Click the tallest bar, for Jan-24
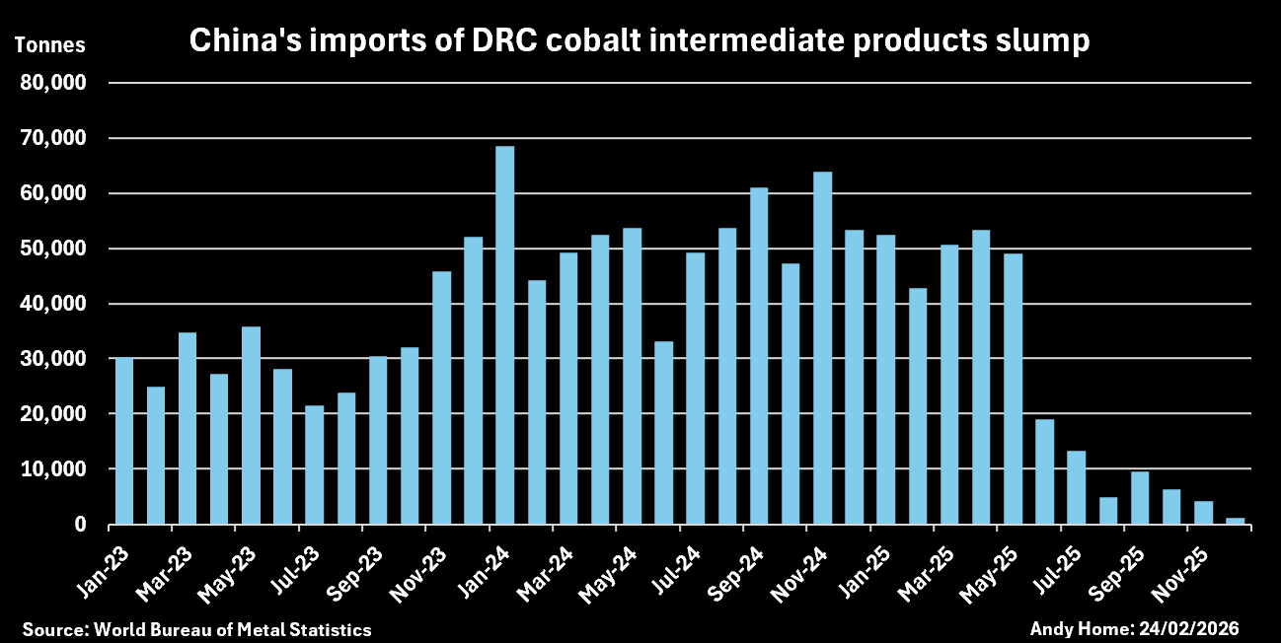click(504, 335)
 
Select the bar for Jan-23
click(124, 441)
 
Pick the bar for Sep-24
click(758, 356)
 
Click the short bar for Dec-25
click(1235, 521)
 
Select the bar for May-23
click(251, 425)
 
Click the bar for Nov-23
click(441, 397)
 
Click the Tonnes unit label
click(49, 44)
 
